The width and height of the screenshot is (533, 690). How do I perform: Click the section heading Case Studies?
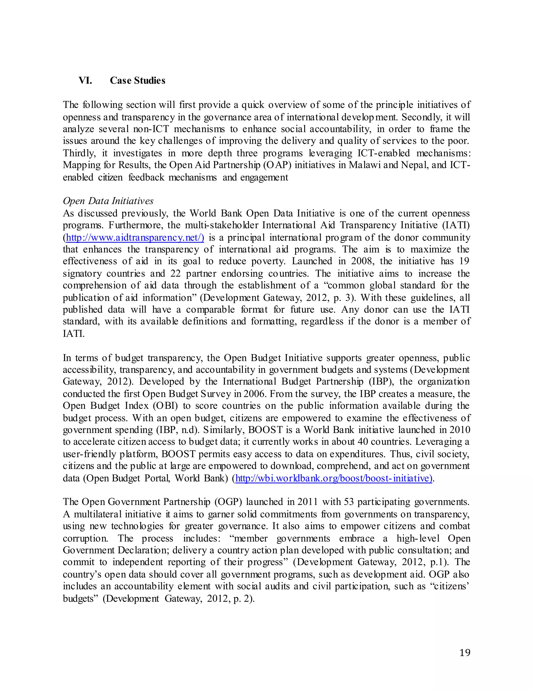pos(137,80)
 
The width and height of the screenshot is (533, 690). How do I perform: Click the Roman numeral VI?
pos(85,80)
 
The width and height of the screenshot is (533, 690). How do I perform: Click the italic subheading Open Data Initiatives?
pos(108,201)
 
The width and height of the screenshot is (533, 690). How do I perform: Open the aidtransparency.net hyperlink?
pos(135,237)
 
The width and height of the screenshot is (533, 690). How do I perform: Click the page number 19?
pos(465,653)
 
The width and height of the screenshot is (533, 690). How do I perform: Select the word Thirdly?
pos(79,153)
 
